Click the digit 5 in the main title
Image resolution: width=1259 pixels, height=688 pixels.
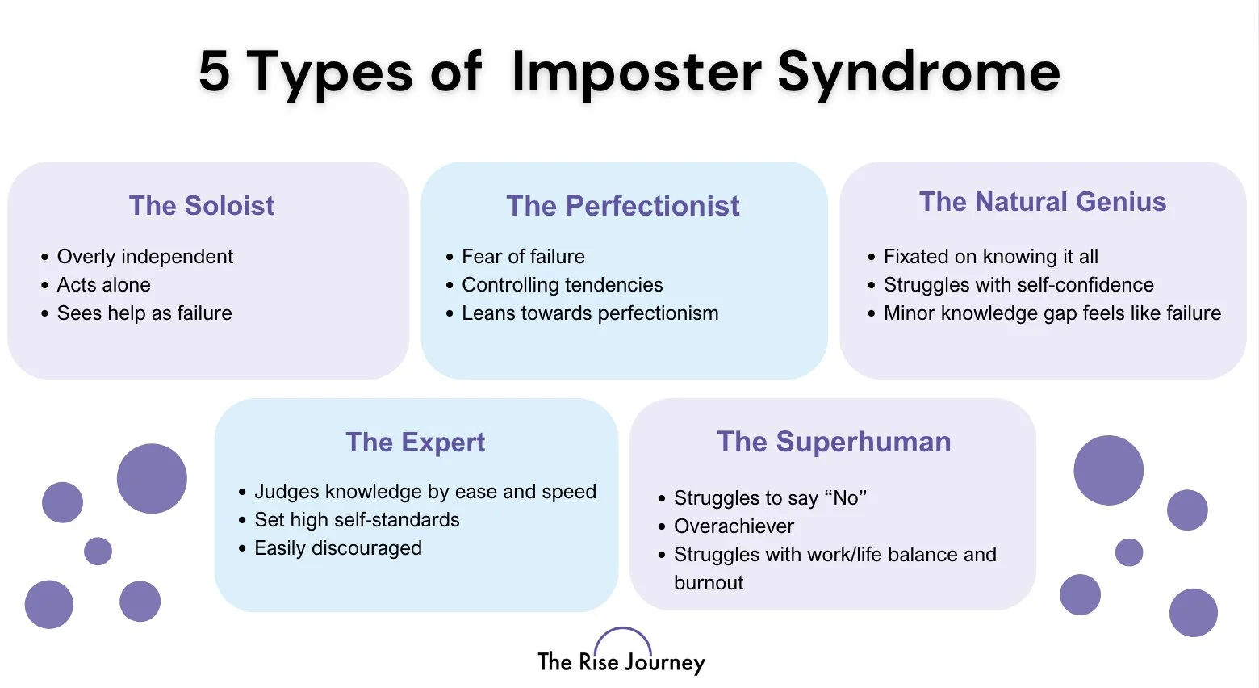(x=215, y=71)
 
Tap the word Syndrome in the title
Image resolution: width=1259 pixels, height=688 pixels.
(x=918, y=73)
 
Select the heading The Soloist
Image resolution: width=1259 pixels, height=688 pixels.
(x=202, y=205)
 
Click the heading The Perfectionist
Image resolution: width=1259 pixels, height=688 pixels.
(x=623, y=206)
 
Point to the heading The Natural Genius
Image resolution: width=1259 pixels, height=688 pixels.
(x=1043, y=202)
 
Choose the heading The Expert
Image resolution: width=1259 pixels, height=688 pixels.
(x=416, y=443)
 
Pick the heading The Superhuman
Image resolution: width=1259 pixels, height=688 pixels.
(x=834, y=442)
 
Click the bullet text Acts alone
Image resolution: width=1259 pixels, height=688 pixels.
(x=103, y=285)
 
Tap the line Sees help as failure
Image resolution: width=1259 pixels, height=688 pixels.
(x=144, y=313)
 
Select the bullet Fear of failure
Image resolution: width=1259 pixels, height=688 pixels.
(x=523, y=257)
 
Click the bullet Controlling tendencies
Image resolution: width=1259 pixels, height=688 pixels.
(x=562, y=285)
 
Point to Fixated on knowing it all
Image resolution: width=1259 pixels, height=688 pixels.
(x=990, y=257)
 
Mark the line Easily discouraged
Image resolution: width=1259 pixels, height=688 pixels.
(x=337, y=548)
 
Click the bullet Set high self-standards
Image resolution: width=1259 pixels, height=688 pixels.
(x=357, y=520)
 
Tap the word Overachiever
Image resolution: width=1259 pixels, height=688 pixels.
(x=734, y=526)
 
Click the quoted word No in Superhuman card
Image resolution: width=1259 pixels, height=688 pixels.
(x=845, y=498)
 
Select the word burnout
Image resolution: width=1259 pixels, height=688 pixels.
(x=709, y=583)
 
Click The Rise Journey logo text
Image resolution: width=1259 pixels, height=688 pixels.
(x=621, y=663)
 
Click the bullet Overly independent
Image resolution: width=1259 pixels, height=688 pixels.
(x=144, y=257)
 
